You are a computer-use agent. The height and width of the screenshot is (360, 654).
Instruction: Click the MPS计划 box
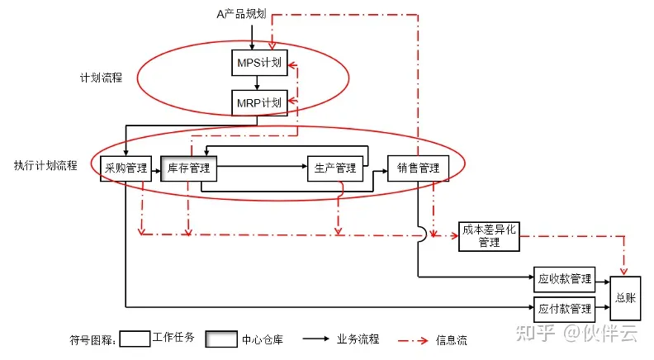pos(258,62)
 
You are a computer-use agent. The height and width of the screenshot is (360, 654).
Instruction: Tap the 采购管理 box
pos(126,168)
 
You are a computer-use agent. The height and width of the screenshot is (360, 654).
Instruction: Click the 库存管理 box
pos(188,168)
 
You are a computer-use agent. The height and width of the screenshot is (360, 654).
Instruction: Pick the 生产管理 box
pos(335,168)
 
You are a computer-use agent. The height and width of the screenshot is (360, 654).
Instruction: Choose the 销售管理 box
pos(418,168)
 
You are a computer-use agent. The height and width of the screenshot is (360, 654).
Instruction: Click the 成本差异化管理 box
pos(489,235)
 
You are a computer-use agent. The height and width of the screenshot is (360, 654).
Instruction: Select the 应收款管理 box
pos(565,277)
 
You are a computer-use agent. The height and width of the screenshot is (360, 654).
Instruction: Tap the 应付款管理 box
pos(565,308)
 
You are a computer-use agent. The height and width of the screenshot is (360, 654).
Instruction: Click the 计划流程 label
pos(101,77)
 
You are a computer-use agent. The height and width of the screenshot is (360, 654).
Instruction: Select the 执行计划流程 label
pos(45,165)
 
